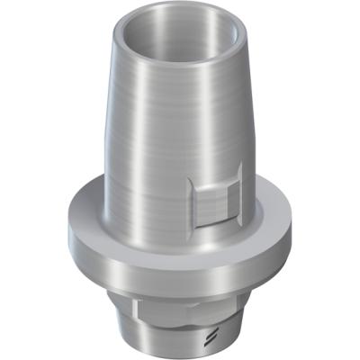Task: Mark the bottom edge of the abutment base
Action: (180, 356)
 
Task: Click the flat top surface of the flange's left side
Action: (90, 216)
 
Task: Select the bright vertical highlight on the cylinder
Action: (153, 135)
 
